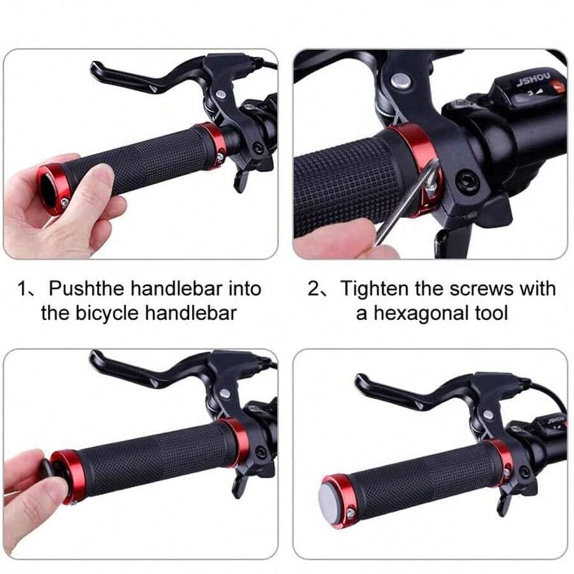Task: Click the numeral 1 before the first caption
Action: tap(23, 289)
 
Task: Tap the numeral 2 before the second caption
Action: tap(314, 288)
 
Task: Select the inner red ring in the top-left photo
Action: tap(212, 140)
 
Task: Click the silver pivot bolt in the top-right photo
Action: tap(400, 80)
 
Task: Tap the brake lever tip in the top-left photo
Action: tap(95, 68)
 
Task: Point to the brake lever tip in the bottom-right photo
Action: tap(360, 380)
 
